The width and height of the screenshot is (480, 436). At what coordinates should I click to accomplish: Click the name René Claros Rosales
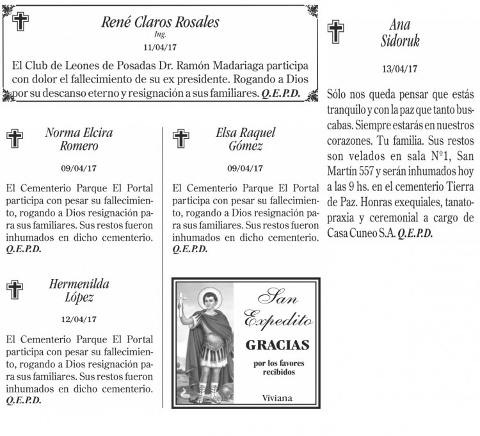pyautogui.click(x=160, y=22)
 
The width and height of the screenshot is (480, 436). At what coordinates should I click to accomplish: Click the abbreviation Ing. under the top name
pyautogui.click(x=160, y=34)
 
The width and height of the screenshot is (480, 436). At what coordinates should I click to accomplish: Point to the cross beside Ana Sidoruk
pyautogui.click(x=335, y=31)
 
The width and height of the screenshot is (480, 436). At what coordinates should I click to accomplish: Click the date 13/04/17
pyautogui.click(x=399, y=69)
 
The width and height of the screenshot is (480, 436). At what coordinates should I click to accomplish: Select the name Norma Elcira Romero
pyautogui.click(x=79, y=140)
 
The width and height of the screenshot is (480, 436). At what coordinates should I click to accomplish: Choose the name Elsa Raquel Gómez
pyautogui.click(x=245, y=140)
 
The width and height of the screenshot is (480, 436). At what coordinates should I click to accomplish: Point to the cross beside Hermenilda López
pyautogui.click(x=13, y=290)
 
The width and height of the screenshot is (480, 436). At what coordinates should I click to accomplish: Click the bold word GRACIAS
pyautogui.click(x=277, y=346)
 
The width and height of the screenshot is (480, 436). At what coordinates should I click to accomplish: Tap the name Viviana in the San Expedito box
pyautogui.click(x=277, y=398)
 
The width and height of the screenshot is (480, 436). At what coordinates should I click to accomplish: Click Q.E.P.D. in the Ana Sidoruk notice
pyautogui.click(x=415, y=233)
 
